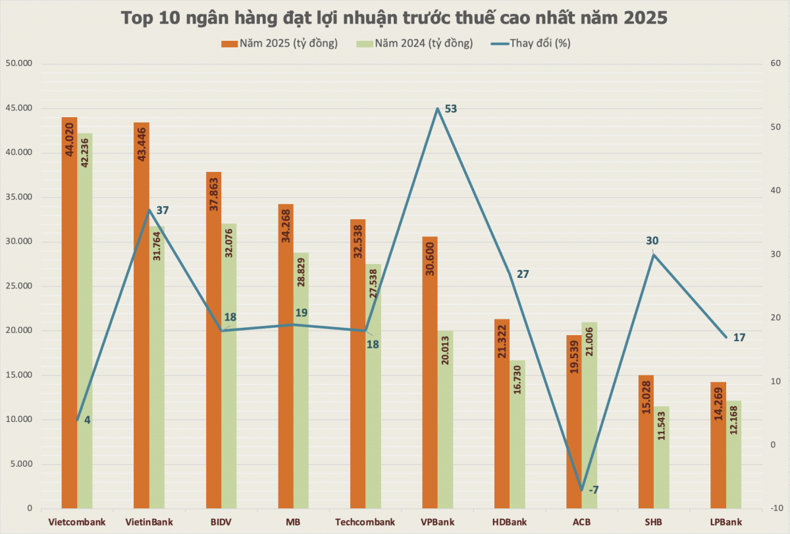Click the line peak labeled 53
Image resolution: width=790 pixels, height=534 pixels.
coord(436,109)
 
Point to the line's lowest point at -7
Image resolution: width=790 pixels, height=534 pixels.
coord(581,491)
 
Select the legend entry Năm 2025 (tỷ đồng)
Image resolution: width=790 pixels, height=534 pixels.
coord(280,43)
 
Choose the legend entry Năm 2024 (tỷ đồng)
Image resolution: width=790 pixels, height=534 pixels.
coord(415,43)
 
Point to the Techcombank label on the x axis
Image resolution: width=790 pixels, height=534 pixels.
coord(365,522)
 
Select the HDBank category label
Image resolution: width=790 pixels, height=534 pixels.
coord(510,522)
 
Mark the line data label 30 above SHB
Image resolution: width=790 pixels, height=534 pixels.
coord(652,241)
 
